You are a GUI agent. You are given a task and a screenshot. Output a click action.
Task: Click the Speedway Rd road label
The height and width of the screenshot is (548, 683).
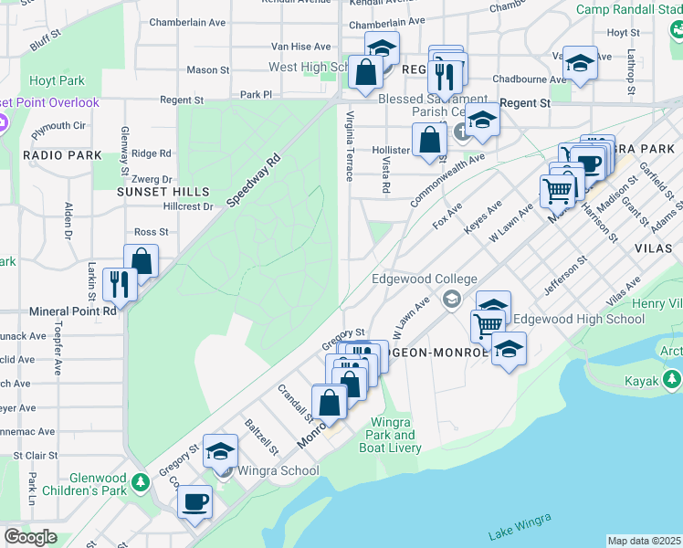tap(253, 183)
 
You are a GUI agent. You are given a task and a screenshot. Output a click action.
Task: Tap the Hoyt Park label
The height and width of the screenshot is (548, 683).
tap(57, 80)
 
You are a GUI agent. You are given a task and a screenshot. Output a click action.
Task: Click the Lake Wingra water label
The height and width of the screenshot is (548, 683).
tap(520, 526)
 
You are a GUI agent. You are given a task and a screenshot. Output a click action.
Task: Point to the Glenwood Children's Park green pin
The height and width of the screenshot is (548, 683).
tap(140, 481)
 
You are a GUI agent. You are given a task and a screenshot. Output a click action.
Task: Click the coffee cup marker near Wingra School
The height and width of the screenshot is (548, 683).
tap(194, 501)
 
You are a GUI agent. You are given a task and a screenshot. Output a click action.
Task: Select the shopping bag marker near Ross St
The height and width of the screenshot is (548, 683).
tap(142, 260)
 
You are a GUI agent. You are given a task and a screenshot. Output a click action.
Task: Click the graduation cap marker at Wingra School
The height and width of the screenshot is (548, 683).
tap(220, 450)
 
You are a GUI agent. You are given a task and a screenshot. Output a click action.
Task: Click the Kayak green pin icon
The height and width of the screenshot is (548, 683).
tap(672, 378)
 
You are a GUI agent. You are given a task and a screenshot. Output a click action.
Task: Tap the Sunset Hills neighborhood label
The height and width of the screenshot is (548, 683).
tap(163, 193)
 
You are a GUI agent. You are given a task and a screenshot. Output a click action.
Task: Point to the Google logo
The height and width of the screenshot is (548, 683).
tap(30, 537)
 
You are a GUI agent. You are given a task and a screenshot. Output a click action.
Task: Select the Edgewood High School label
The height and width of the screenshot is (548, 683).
tap(578, 320)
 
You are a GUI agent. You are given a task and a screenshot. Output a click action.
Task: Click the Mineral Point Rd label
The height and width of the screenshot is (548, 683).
tap(73, 311)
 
